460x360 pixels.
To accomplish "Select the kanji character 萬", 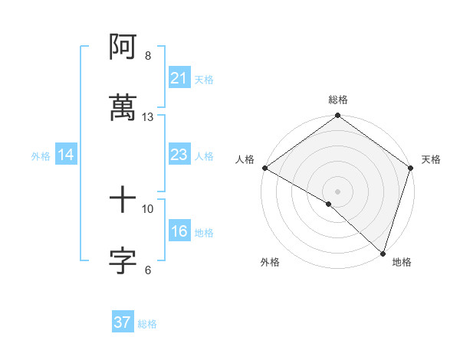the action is (x=123, y=107).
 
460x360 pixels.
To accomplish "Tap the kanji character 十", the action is (x=123, y=201).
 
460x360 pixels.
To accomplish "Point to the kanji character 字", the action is (x=123, y=260).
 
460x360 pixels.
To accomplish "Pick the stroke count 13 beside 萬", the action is (x=148, y=117).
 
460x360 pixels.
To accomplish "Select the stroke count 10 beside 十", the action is (x=148, y=208).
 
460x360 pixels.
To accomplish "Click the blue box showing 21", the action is (x=179, y=78).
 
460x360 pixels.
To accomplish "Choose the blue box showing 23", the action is (x=179, y=155).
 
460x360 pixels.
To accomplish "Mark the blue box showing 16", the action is (x=179, y=231).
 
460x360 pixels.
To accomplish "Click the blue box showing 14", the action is (x=66, y=155).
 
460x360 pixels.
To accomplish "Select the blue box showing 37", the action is (x=123, y=322).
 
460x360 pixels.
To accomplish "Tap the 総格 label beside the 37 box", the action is (x=147, y=324).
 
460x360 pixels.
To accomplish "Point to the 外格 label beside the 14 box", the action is (x=41, y=155).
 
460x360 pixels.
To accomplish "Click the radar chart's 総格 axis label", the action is (x=338, y=100).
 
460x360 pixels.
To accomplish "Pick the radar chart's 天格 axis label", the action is (x=431, y=159).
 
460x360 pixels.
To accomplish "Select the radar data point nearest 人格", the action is (x=264, y=168).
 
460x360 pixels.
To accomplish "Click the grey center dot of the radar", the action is (x=338, y=191).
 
